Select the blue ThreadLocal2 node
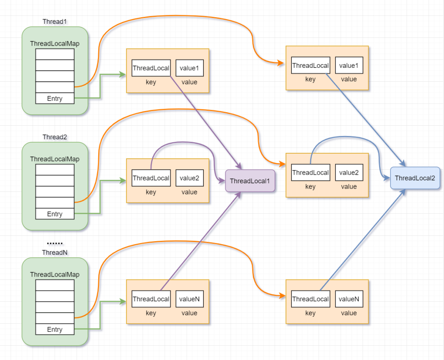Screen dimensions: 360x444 (415, 178)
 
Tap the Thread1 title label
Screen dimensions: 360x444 (55, 21)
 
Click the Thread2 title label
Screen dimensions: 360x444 (55, 137)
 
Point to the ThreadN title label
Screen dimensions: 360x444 (55, 252)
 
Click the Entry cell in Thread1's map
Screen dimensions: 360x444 (55, 99)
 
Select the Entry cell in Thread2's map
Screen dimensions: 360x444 (55, 214)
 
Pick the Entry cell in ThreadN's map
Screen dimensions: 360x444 (55, 330)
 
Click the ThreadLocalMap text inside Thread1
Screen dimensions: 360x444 (55, 44)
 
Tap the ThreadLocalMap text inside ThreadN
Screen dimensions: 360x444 (55, 275)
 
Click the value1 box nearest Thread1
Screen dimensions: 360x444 (190, 68)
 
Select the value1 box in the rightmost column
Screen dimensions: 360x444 (349, 65)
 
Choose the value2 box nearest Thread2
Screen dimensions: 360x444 (190, 178)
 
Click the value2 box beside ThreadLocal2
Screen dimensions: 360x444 (349, 173)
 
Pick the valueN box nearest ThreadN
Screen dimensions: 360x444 (190, 299)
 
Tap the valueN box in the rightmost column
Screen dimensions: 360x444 (349, 299)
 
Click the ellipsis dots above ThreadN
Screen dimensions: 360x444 (55, 244)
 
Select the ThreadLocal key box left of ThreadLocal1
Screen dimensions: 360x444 (151, 178)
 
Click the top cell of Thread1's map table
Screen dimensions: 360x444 (55, 54)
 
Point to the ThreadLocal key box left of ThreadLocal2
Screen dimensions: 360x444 (310, 173)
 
